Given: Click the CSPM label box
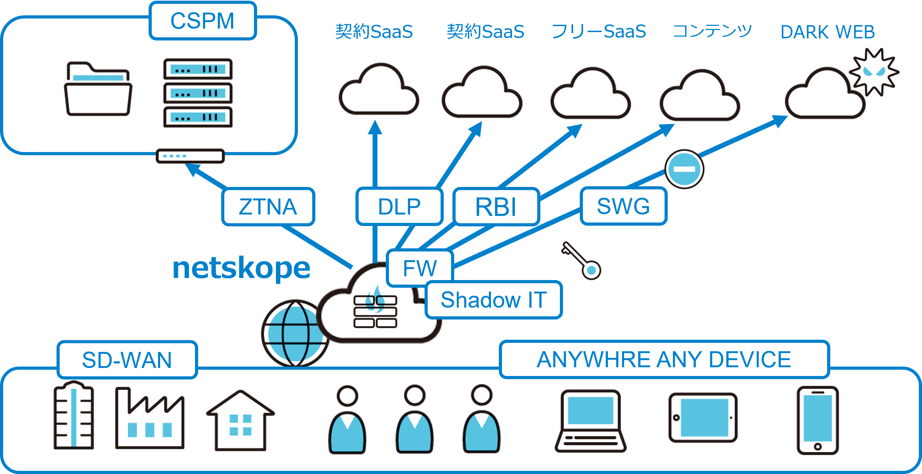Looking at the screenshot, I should coord(203,21).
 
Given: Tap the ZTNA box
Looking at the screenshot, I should coord(268,206).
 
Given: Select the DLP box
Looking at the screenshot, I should coord(399,206).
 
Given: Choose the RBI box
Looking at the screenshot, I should coord(496,206).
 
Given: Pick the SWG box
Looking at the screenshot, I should coord(623,206).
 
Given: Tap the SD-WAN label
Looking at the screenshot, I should coord(127,360).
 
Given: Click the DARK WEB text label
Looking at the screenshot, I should coord(827,32).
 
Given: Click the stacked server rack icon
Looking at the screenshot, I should coord(198,93).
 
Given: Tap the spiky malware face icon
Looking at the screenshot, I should coord(874,72).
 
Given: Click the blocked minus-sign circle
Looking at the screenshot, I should coord(684,169).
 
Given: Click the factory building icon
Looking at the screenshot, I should coord(150,418).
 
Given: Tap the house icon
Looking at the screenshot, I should coord(240,420).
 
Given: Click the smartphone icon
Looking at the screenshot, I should coord(818,420).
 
